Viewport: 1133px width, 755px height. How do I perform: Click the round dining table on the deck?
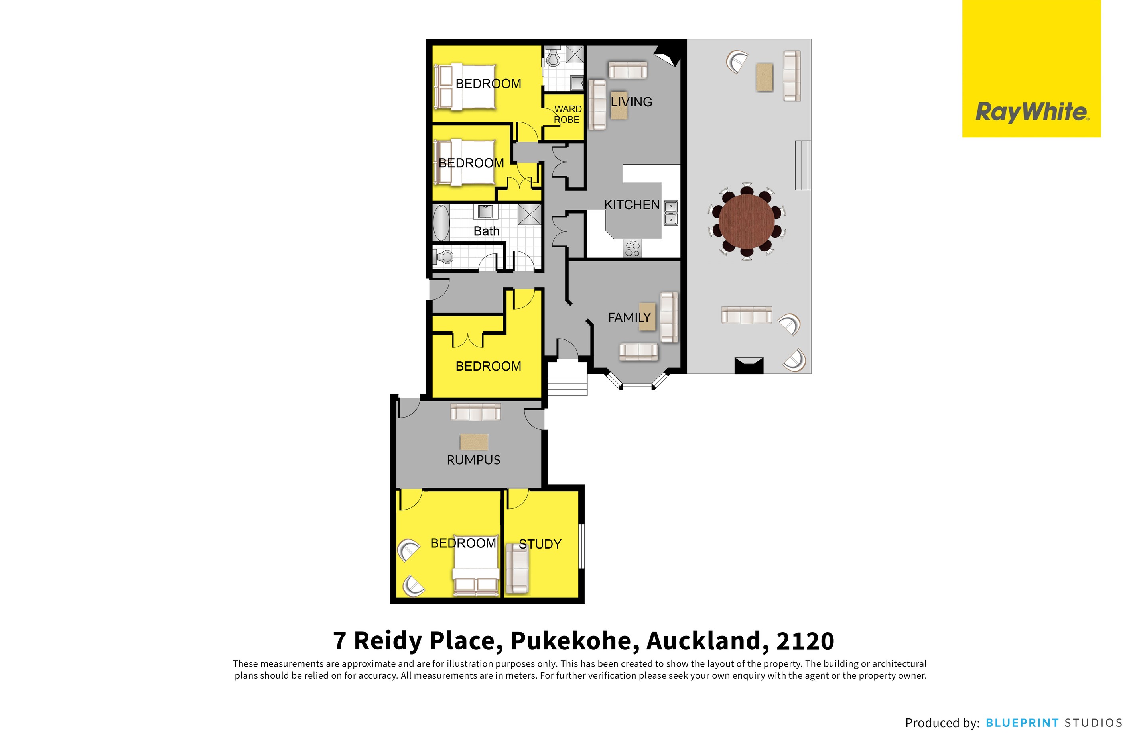coord(746,222)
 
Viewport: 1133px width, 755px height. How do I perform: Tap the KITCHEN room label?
coord(632,205)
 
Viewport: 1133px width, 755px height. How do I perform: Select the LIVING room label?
coord(631,102)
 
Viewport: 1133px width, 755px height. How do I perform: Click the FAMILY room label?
coord(629,317)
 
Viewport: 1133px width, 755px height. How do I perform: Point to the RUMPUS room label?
coord(473,460)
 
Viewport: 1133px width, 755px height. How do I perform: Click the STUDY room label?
coord(540,544)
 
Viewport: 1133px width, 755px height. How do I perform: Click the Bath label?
coord(486,231)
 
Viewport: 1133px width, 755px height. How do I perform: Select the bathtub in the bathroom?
coord(441,222)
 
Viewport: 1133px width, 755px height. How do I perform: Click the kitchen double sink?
coord(671,213)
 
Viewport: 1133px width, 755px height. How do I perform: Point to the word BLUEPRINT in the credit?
coord(1022,723)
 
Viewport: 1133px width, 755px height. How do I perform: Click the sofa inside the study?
coord(518,572)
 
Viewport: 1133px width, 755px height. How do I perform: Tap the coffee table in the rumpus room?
coord(474,442)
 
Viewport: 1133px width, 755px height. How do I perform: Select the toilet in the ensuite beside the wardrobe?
coord(553,58)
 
